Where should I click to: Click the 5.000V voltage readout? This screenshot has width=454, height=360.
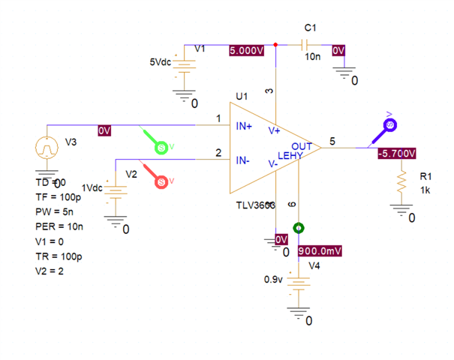pyautogui.click(x=247, y=50)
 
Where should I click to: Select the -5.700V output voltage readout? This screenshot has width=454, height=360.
pyautogui.click(x=396, y=153)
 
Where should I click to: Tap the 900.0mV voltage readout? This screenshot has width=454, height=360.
pyautogui.click(x=320, y=251)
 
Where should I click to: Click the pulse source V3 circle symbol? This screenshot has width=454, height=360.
pyautogui.click(x=47, y=147)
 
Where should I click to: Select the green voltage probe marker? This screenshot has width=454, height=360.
pyautogui.click(x=161, y=147)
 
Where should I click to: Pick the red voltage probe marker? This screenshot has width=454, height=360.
pyautogui.click(x=161, y=181)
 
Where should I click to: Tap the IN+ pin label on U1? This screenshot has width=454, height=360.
pyautogui.click(x=245, y=127)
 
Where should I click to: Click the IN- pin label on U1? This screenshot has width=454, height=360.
pyautogui.click(x=243, y=160)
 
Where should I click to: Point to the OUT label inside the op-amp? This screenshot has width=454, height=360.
pyautogui.click(x=302, y=145)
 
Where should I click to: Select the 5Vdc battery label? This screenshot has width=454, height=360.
pyautogui.click(x=161, y=63)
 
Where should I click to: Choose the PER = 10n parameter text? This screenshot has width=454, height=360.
pyautogui.click(x=59, y=226)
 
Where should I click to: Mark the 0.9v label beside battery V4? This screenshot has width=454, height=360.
pyautogui.click(x=273, y=279)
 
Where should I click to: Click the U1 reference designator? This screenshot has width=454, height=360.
pyautogui.click(x=241, y=96)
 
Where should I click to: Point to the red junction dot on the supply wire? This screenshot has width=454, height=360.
pyautogui.click(x=276, y=45)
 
